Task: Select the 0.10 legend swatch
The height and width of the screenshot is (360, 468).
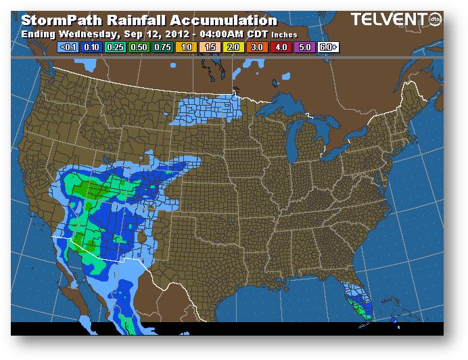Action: coord(91,47)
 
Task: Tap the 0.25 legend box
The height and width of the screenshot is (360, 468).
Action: coord(114,47)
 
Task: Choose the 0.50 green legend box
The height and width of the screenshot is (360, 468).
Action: coord(138,47)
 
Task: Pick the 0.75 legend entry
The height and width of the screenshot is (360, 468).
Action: coord(162,47)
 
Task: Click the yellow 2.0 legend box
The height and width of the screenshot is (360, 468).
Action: coord(232,47)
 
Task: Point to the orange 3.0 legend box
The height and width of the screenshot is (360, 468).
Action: coord(256,47)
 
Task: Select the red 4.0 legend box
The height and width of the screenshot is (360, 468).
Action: coord(279,47)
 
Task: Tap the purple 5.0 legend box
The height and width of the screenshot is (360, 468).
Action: coord(303,47)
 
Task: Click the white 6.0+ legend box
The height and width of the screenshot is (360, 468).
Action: coord(327,47)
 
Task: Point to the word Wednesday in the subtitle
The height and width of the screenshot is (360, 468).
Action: coord(89,34)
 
